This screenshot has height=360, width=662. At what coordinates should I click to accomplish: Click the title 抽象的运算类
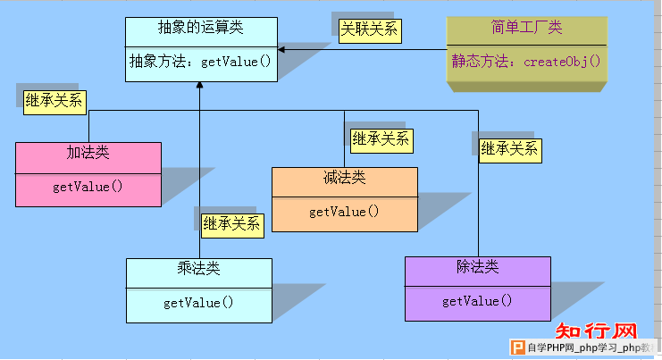pos(200,28)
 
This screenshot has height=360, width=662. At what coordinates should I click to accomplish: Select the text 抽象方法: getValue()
pos(200,62)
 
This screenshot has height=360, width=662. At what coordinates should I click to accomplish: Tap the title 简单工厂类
pos(526,28)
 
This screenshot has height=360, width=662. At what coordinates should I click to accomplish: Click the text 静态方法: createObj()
pos(526,62)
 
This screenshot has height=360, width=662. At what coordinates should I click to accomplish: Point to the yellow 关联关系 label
pos(370,30)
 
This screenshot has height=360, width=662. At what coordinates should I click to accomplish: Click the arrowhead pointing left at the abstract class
pos(281,50)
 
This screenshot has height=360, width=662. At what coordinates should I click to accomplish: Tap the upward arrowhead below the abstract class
pos(200,85)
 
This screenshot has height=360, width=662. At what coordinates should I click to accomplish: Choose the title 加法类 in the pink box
pos(88,153)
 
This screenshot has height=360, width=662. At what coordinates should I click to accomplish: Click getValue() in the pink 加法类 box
pos(88,187)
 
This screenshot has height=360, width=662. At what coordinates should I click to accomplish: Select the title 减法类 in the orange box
pos(345,178)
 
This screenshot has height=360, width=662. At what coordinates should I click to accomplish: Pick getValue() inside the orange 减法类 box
pos(344,212)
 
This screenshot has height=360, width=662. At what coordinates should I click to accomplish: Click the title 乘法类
pos(198,268)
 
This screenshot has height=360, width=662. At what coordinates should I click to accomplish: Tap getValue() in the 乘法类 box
pos(198,303)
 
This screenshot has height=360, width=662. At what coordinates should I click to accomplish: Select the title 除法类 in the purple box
pos(477,267)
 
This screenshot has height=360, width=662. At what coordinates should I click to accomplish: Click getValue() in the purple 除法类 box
pos(477,301)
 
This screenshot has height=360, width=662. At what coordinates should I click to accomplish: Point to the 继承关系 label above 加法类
pos(54,103)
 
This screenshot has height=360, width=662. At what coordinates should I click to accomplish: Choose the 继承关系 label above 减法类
pos(381,141)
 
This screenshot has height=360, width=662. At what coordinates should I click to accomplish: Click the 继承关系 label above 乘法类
pos(232,226)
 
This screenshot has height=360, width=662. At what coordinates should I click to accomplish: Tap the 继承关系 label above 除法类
pos(510,151)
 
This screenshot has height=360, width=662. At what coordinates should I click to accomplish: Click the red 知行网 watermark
pos(596,331)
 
